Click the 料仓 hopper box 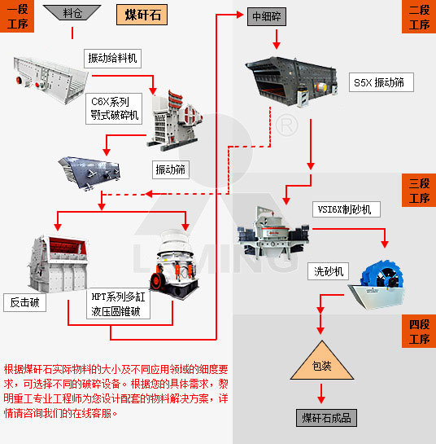pos(72,14)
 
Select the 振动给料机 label pos(114,58)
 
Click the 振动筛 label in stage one pos(171,169)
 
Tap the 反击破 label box pos(24,303)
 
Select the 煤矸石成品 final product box pos(326,418)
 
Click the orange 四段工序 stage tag pos(419,332)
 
